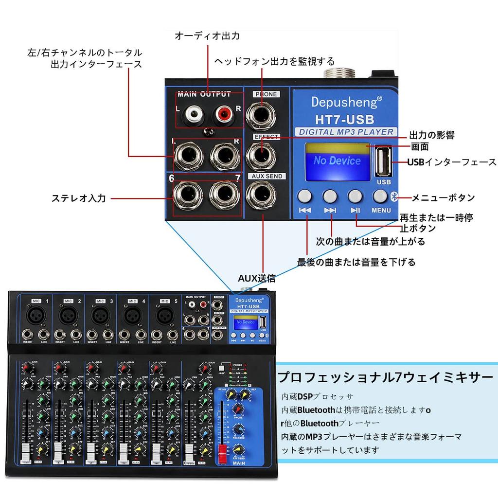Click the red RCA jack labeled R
[224, 115]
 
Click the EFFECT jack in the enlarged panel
[261, 155]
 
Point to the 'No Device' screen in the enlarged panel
[337, 160]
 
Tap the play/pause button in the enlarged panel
[355, 196]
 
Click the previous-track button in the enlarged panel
[305, 196]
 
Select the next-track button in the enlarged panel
[330, 196]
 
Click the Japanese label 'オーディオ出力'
[207, 36]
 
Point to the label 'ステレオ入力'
[78, 198]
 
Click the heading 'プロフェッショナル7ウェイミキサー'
[385, 377]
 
